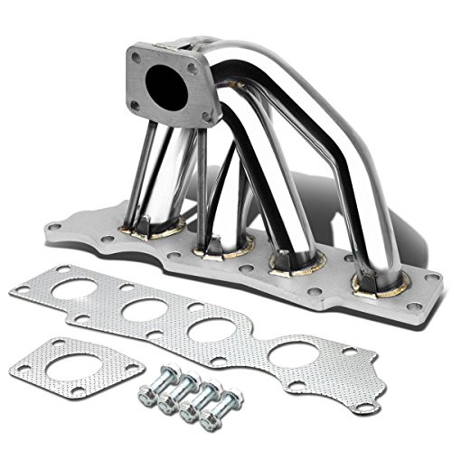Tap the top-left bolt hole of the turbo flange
136,57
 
